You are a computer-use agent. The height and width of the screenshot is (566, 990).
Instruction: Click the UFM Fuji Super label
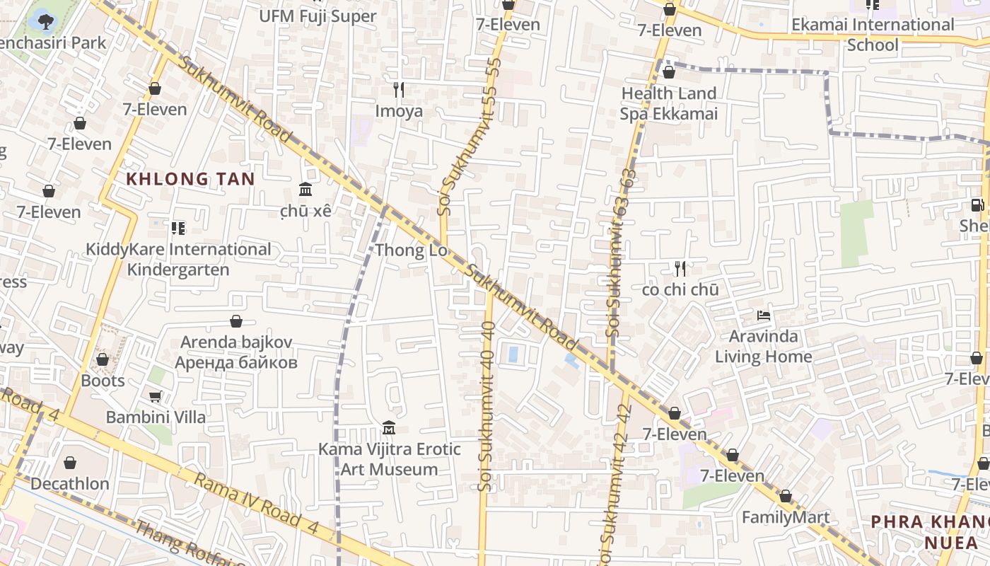tap(318, 16)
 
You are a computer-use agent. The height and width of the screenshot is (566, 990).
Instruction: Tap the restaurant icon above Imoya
tap(399, 90)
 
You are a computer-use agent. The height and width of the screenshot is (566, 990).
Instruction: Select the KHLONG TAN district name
tap(190, 179)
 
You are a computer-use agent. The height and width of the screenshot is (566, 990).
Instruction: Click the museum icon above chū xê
tap(305, 190)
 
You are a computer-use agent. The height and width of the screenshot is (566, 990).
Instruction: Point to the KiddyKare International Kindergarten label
tap(177, 260)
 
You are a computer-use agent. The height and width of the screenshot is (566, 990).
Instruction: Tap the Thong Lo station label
tap(411, 250)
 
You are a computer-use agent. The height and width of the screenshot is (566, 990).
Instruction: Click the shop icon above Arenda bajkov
tap(236, 322)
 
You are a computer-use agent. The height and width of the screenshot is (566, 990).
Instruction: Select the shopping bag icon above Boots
tap(103, 360)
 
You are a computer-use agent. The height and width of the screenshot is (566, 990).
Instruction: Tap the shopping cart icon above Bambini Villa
tap(155, 397)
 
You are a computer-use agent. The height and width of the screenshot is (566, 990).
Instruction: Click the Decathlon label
tap(70, 484)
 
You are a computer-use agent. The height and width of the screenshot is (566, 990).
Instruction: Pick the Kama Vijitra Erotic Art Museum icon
tap(388, 428)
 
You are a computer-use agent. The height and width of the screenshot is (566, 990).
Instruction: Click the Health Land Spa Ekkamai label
tap(668, 103)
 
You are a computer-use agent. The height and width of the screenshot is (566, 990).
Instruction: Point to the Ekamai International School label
tap(873, 35)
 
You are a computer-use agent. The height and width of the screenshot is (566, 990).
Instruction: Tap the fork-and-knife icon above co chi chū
tap(680, 269)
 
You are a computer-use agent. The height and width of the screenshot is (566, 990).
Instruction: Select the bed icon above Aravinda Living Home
tap(763, 316)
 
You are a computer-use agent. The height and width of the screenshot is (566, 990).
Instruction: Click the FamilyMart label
tap(785, 517)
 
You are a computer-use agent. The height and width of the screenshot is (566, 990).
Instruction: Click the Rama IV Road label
tap(248, 499)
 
